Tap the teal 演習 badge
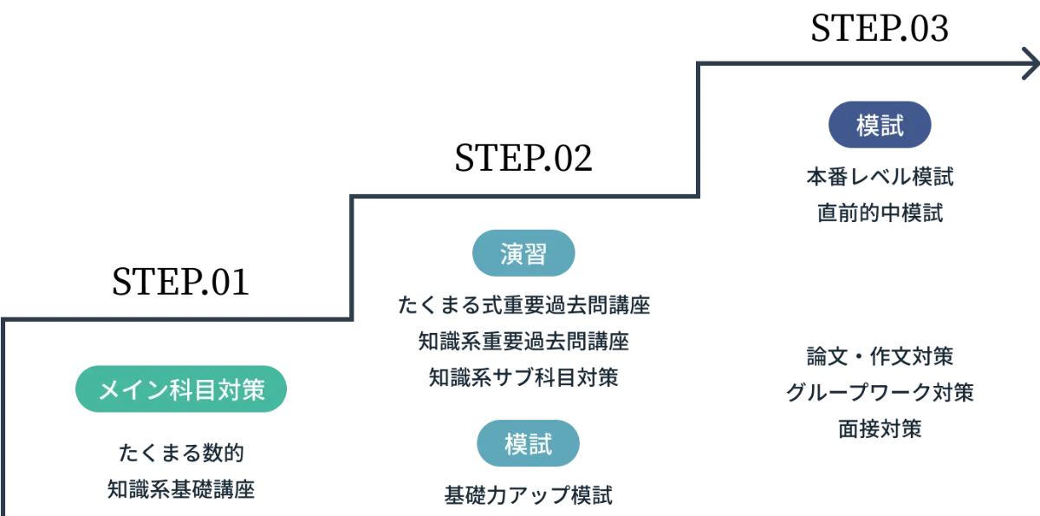click(523, 253)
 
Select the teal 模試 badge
click(528, 443)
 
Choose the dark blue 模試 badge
click(880, 127)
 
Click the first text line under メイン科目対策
click(182, 452)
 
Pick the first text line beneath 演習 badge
click(523, 306)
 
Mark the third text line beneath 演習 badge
click(523, 377)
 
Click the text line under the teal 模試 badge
click(529, 495)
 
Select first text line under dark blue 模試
click(880, 178)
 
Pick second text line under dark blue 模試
click(880, 213)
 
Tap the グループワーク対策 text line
click(880, 393)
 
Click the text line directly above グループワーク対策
click(880, 356)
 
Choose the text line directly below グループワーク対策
click(880, 428)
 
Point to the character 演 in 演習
click(511, 253)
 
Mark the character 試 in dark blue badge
click(893, 127)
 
